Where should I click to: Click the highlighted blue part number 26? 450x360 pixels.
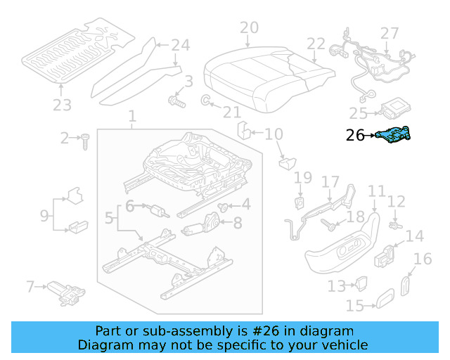395,134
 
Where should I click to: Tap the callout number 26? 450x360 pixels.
356,136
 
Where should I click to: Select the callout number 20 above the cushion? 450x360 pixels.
249,28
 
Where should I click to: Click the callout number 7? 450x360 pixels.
30,286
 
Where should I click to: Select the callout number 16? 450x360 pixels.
422,259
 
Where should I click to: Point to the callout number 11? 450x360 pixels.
377,191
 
